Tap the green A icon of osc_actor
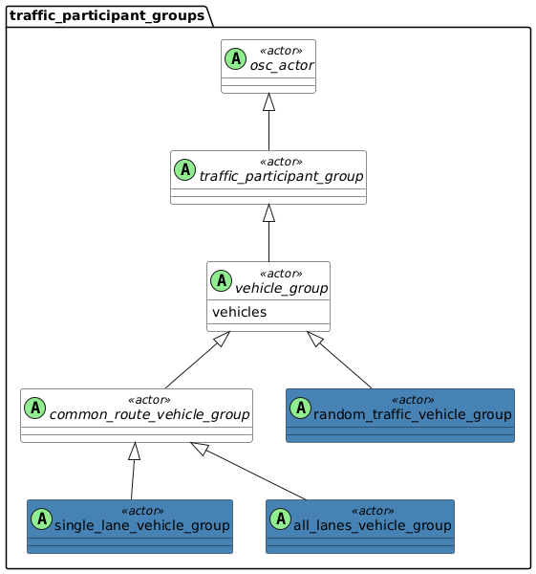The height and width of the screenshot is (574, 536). point(236,59)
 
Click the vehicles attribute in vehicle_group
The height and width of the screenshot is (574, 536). point(239,312)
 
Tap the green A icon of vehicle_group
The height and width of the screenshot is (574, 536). point(222,281)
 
